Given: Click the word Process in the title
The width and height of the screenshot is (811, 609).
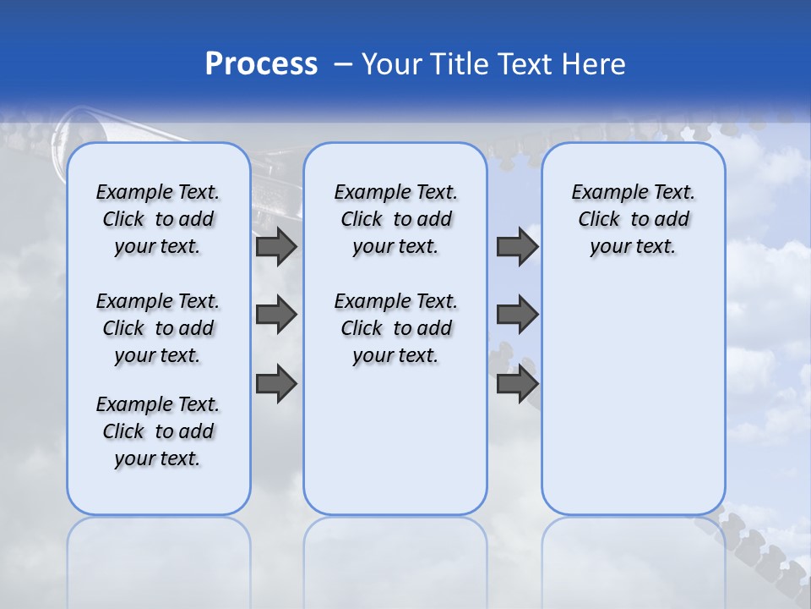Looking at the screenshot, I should point(261,64).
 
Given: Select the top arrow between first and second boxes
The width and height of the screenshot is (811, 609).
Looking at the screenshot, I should point(275,246).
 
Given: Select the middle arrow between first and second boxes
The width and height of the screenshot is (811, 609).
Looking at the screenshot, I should point(275,315).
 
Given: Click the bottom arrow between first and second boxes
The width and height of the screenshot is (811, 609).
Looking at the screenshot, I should point(275,383).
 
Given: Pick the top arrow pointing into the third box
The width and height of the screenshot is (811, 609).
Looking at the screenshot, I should point(517,246).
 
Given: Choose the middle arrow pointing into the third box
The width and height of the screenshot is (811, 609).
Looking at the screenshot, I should point(517,315).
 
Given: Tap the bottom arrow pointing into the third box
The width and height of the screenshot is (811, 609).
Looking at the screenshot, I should point(517,383).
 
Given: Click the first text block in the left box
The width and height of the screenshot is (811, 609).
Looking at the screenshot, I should point(157,219).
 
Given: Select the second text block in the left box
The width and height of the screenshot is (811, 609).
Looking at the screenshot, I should point(157,328).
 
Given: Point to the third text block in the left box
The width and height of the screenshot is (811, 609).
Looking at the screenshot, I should point(157,431).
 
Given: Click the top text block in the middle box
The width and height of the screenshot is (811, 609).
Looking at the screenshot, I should point(395,219).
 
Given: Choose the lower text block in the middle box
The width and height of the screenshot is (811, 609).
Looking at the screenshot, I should point(395,328).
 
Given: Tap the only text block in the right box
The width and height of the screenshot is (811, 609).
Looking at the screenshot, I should point(633,219).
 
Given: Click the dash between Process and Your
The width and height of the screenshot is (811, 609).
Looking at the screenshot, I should point(341,64).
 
